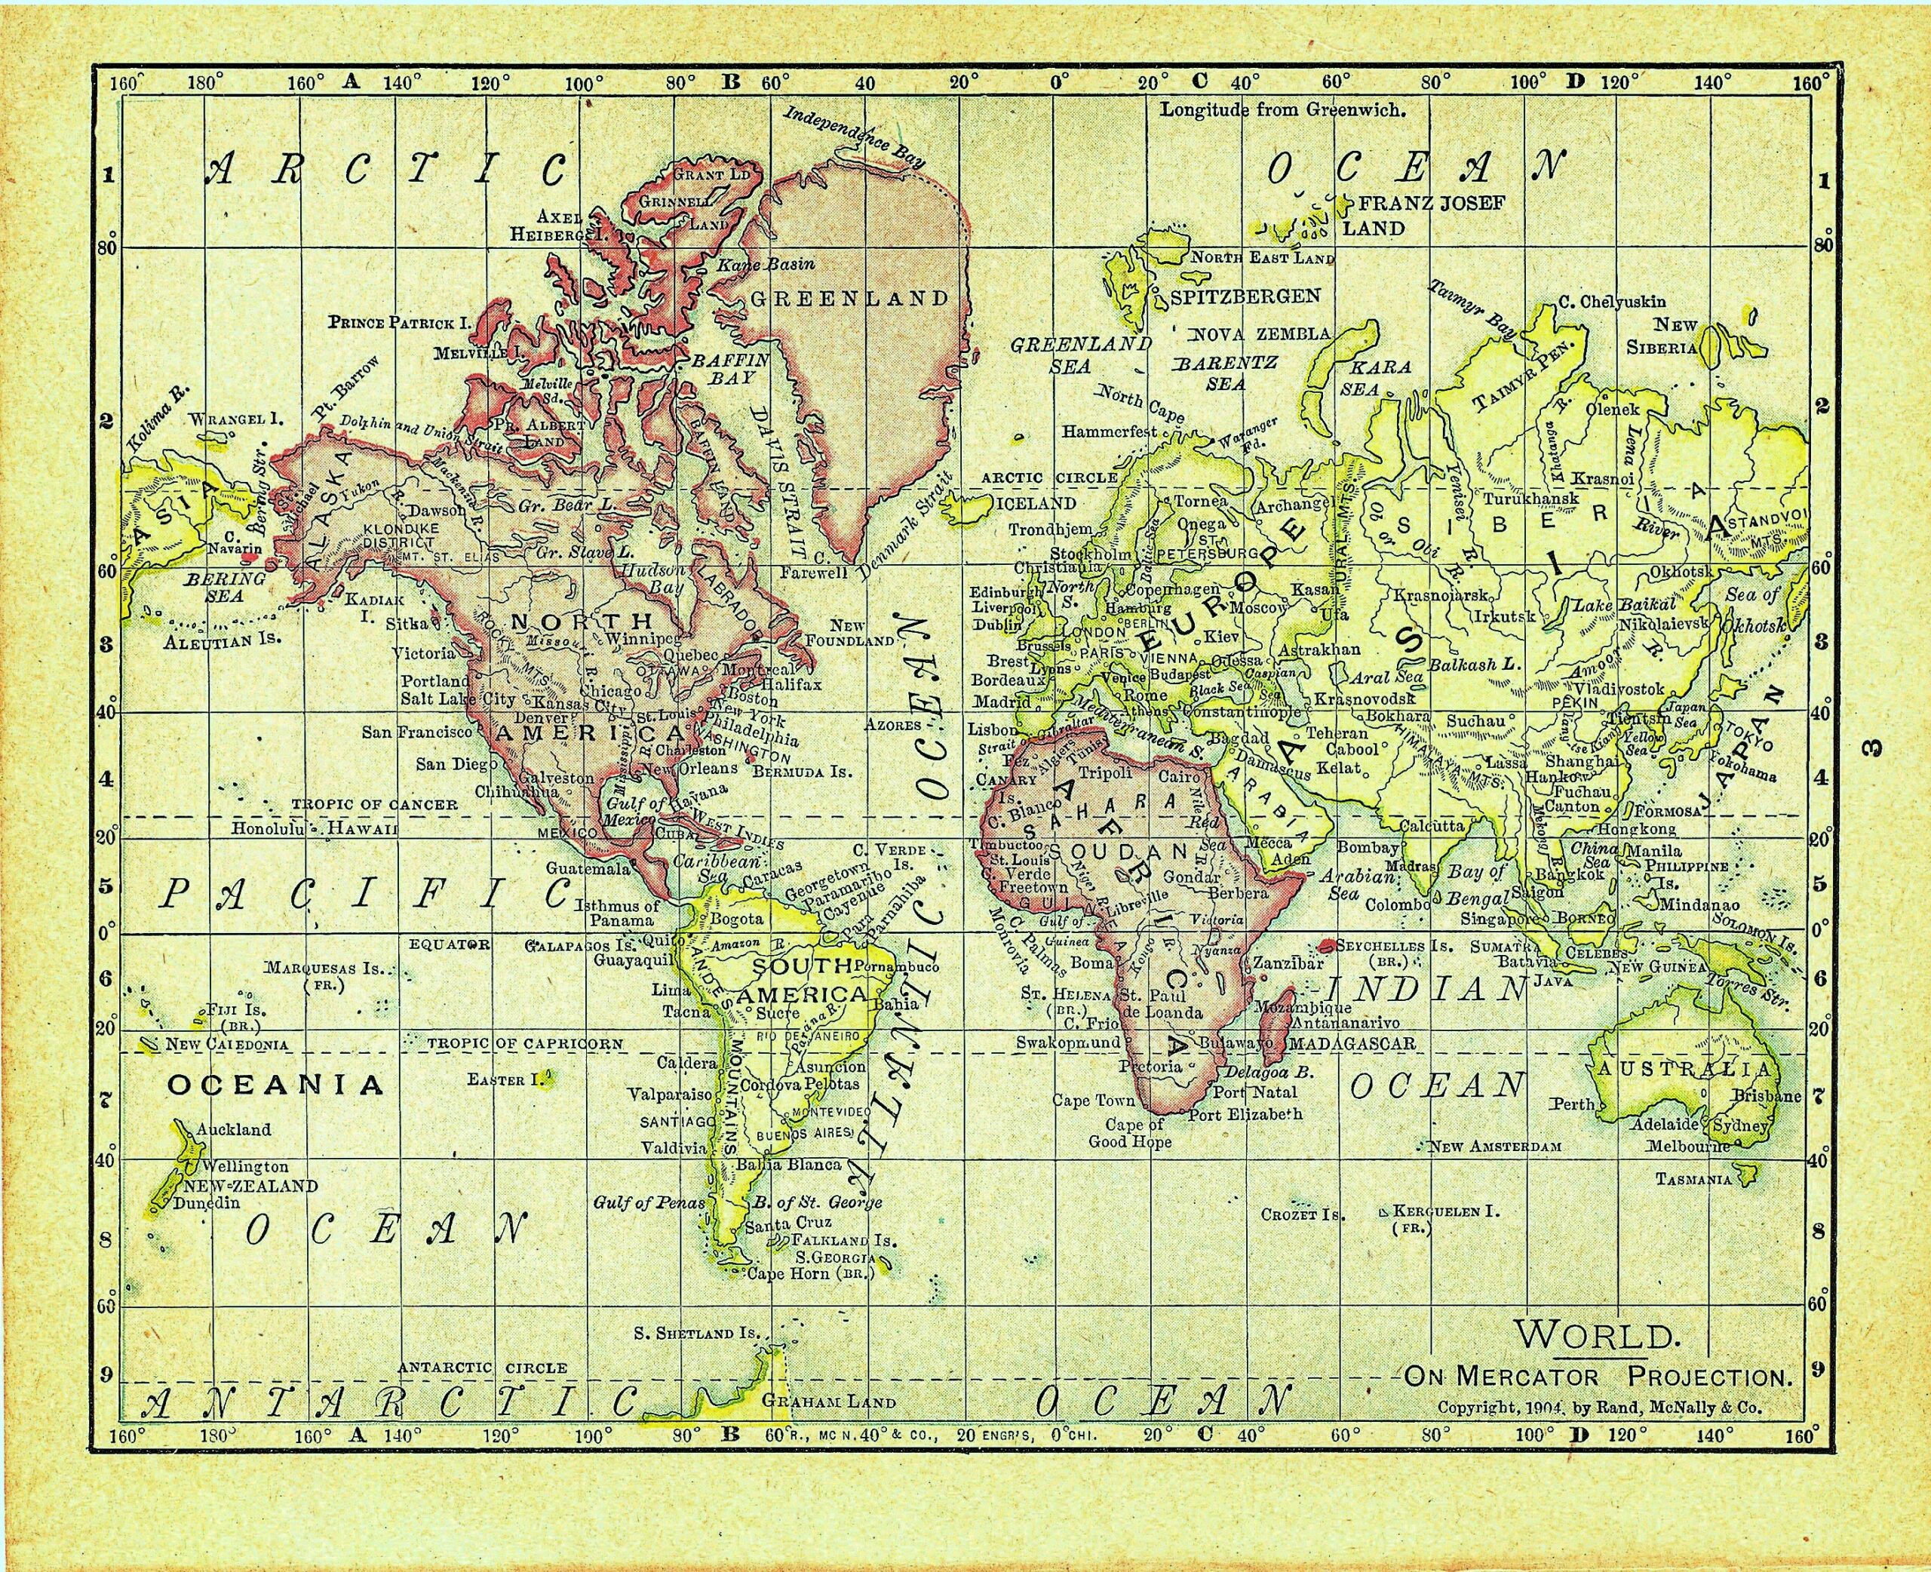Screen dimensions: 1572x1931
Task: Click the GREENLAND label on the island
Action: pos(849,299)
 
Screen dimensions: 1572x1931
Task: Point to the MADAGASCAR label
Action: pos(1352,1044)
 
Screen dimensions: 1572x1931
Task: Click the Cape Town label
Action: pos(1093,1101)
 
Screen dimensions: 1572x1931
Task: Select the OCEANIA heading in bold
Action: pos(276,1085)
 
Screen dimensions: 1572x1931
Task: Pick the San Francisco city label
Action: pos(417,732)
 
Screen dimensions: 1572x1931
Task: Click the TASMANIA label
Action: pos(1693,1179)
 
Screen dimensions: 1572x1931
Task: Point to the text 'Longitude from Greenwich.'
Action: pos(1283,110)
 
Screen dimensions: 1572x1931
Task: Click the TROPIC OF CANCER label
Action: pos(374,804)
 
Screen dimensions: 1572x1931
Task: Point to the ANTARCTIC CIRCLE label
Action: pos(483,1368)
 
